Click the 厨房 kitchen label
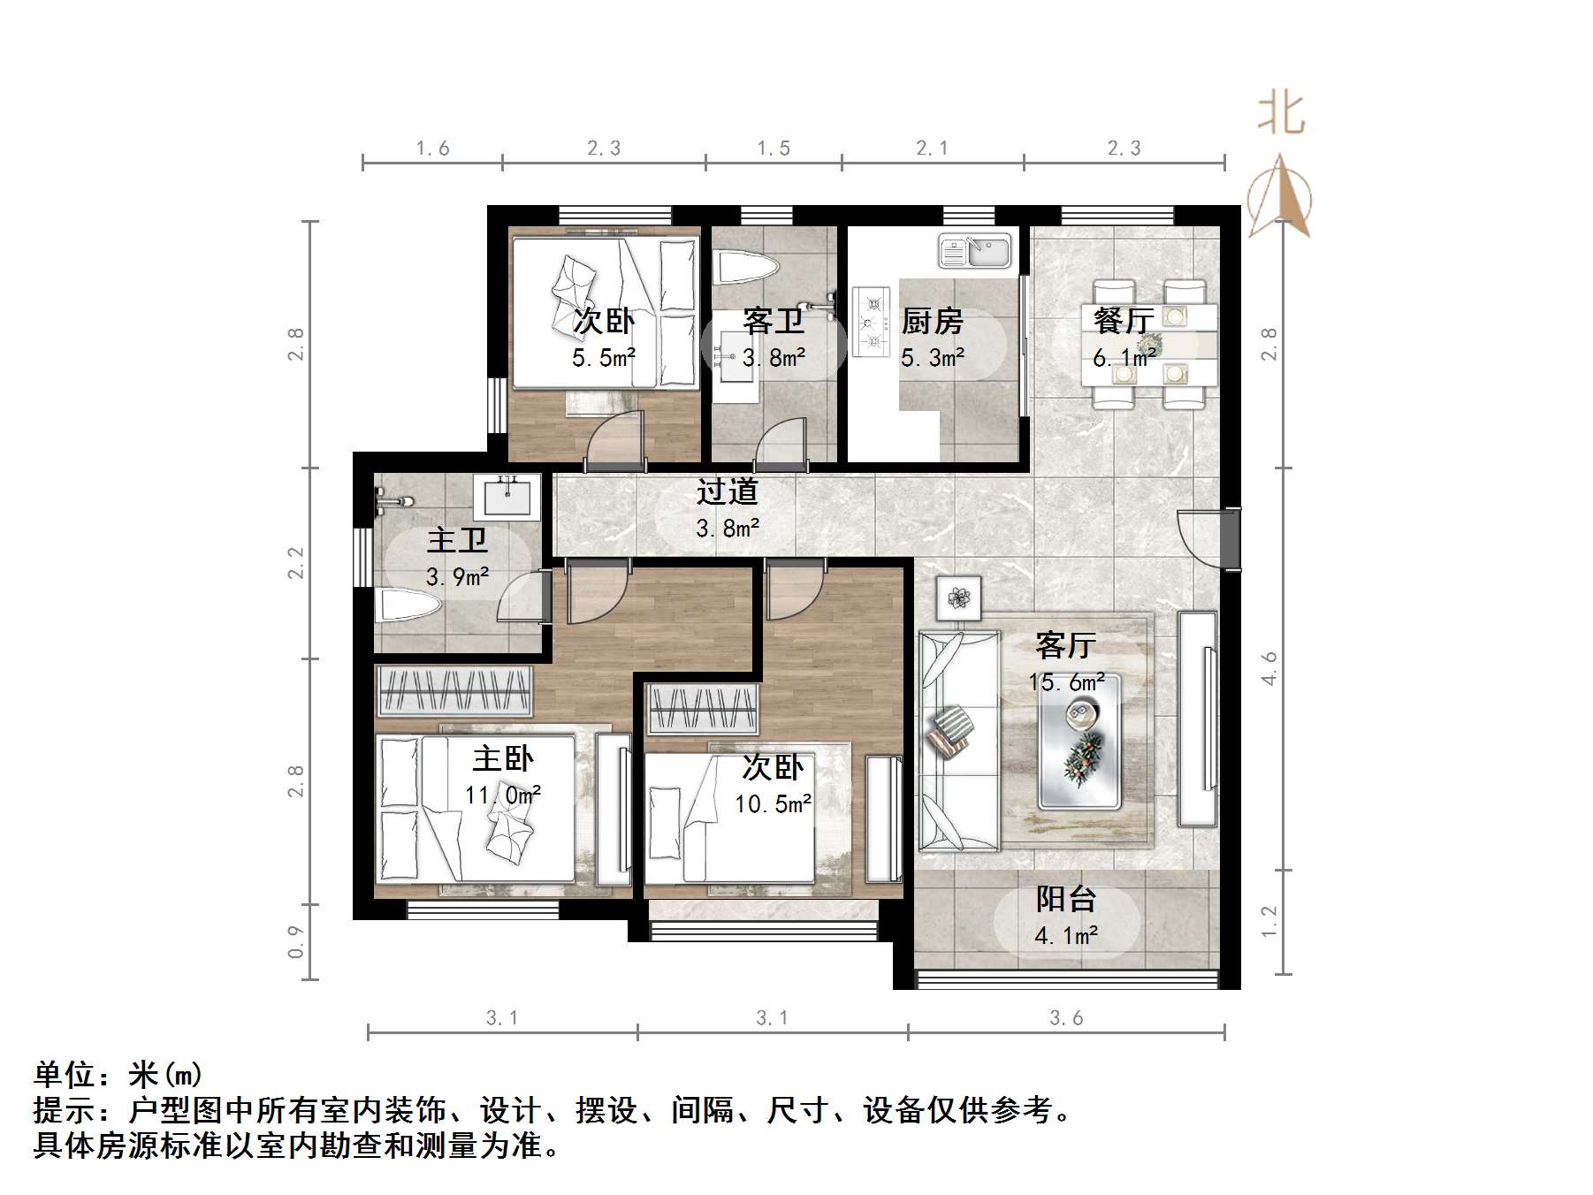(932, 321)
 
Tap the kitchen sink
(975, 251)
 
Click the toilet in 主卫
(408, 606)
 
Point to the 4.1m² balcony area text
(1066, 935)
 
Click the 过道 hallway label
(727, 491)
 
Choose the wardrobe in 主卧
(454, 690)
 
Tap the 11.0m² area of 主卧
(503, 795)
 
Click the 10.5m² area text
(773, 804)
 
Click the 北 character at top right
(1281, 115)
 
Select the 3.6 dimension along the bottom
(1066, 1018)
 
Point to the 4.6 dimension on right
(1269, 668)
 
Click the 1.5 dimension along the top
(774, 148)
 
